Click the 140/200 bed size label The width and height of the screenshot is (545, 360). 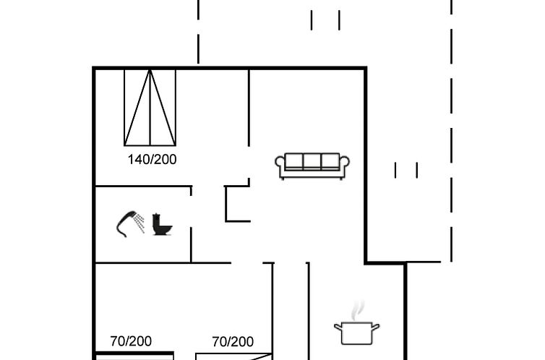(152, 160)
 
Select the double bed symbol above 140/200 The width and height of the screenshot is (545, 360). (150, 107)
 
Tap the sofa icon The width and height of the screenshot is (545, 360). (312, 166)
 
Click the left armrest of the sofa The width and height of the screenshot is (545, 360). (280, 166)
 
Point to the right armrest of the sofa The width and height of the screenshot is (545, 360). (346, 166)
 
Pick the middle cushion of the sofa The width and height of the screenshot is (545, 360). (312, 162)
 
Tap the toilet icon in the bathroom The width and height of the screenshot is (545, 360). (163, 224)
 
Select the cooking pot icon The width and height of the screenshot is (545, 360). (356, 333)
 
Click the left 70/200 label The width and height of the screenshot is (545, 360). (131, 341)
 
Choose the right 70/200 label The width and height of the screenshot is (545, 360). (233, 341)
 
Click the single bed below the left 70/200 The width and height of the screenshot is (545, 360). (134, 356)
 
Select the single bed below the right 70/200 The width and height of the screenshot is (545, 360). (234, 356)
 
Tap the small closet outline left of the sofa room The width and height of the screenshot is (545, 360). (237, 204)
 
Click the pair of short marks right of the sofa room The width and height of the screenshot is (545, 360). (406, 170)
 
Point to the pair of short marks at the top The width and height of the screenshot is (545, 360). (325, 20)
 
